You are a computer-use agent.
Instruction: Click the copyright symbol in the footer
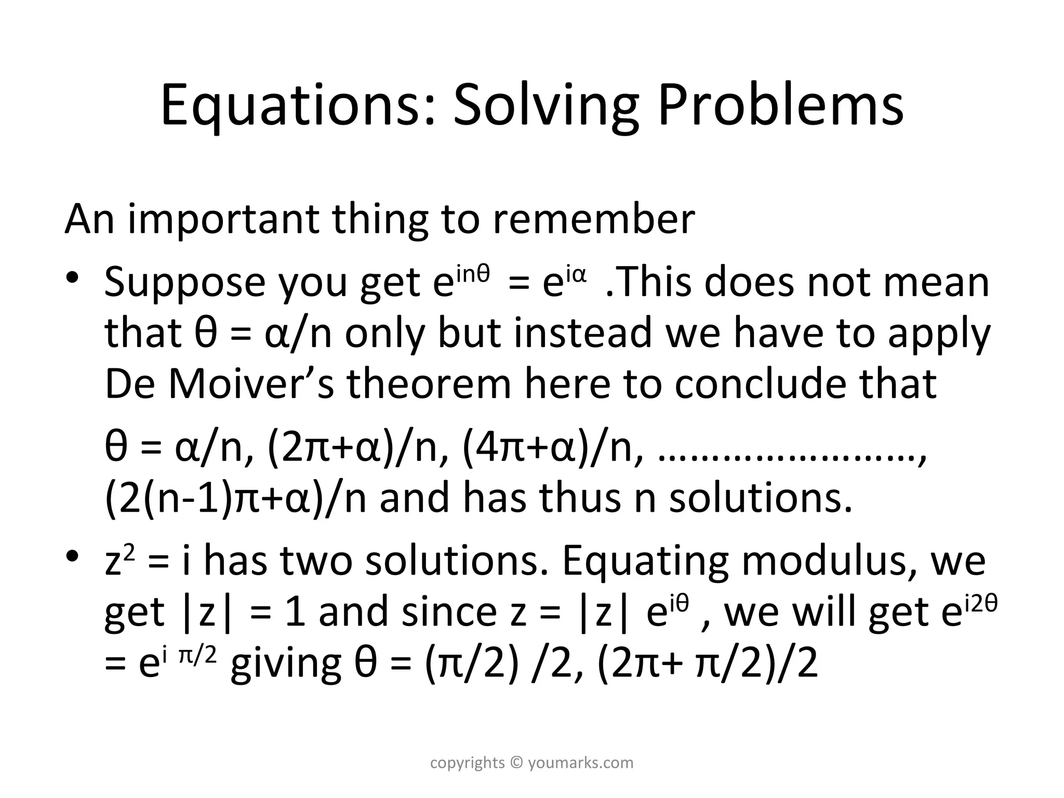tap(516, 763)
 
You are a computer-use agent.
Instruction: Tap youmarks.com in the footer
tap(581, 763)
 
